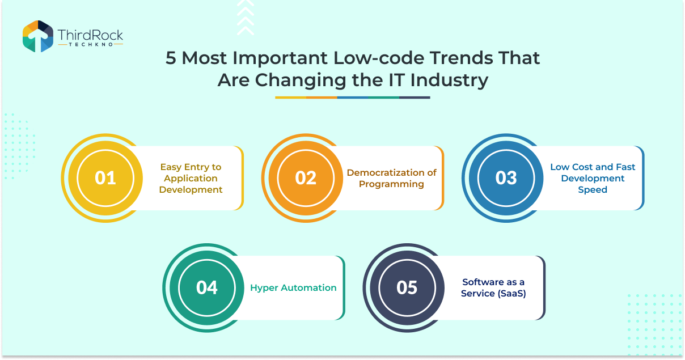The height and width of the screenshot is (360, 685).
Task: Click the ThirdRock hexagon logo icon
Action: point(38,36)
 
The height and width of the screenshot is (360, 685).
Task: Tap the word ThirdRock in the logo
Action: point(90,35)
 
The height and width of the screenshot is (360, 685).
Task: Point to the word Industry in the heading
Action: point(449,81)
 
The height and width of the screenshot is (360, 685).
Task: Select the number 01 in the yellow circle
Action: point(105,177)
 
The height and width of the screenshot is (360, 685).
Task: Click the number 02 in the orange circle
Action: point(306,177)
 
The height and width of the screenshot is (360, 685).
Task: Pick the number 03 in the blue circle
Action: point(506,177)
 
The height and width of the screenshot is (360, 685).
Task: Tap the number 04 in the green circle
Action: point(207,287)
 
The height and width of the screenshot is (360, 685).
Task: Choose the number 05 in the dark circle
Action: point(407,287)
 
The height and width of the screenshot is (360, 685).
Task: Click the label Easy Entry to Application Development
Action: point(191,179)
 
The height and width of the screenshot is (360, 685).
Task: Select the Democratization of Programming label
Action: point(391,179)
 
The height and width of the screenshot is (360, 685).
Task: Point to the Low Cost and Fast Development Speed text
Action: point(593,179)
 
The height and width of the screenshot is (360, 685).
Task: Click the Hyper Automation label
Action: point(293,288)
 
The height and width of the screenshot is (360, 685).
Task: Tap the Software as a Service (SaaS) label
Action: point(493,288)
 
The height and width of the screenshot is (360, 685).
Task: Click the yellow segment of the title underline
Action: point(290,98)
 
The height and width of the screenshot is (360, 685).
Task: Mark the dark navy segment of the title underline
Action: point(415,98)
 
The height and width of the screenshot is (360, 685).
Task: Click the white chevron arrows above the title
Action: point(246,18)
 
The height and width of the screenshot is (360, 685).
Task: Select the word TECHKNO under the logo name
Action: point(91,45)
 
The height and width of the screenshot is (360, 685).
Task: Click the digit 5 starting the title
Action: point(171,58)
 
